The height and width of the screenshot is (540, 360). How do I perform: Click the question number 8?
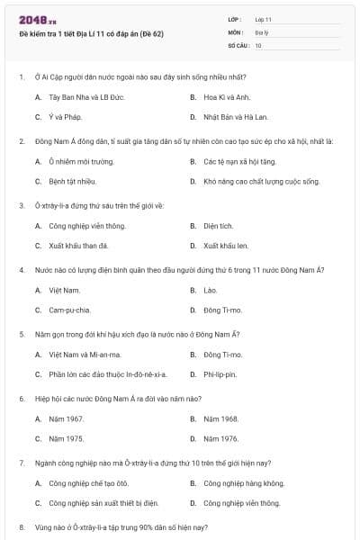22,526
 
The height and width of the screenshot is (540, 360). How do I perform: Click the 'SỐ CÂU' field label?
238,44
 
